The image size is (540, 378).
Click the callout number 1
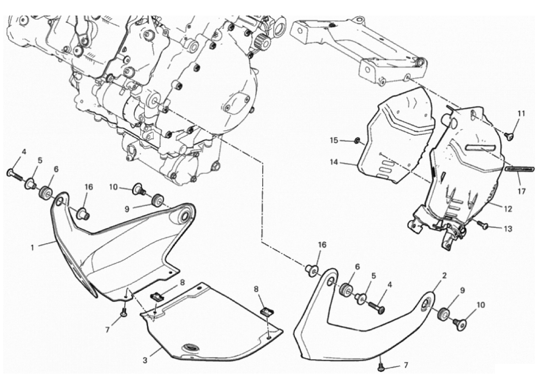33,247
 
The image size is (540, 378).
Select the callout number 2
444,275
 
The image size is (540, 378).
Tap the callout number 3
145,361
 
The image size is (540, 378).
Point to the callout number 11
521,113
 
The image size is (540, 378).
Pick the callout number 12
508,208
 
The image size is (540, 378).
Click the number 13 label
507,229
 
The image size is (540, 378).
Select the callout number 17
521,191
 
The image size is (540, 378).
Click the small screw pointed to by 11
509,136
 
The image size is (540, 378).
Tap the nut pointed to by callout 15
358,140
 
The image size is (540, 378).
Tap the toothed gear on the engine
262,43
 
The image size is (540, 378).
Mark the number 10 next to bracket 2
480,305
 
